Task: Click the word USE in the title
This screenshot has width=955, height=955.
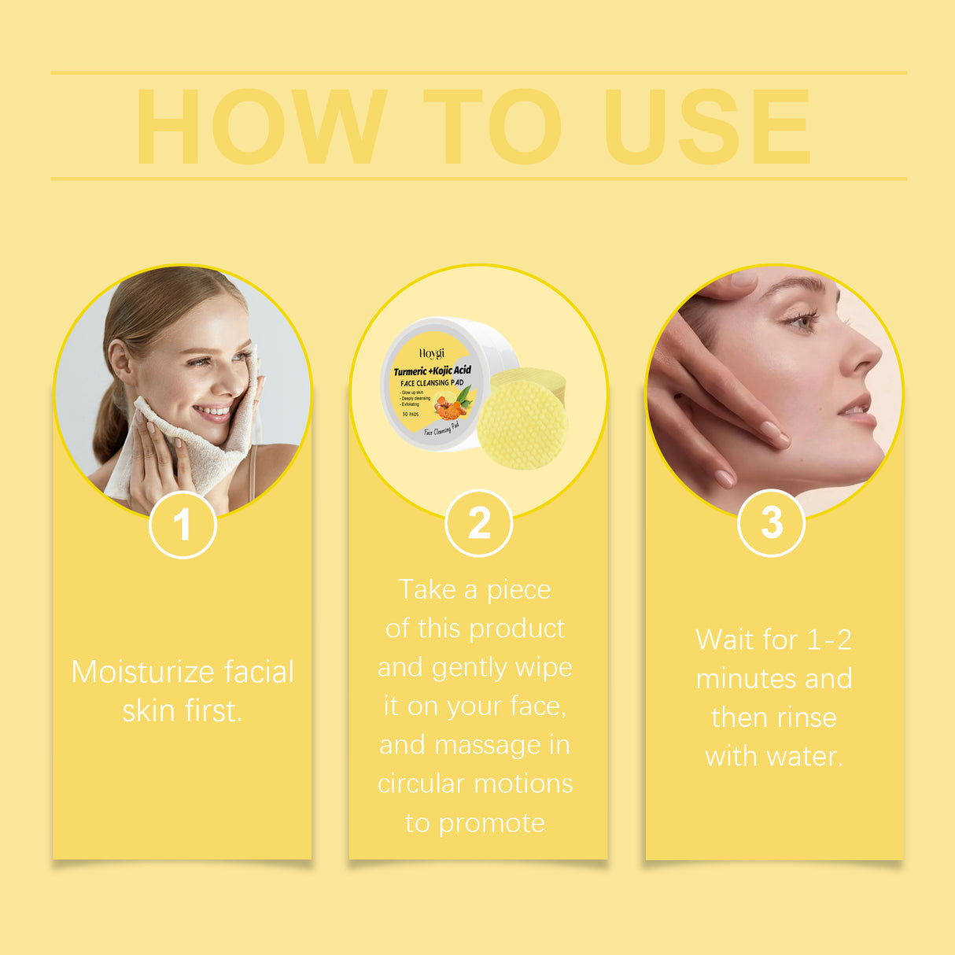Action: (x=707, y=126)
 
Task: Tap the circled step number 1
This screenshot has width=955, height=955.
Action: (x=183, y=524)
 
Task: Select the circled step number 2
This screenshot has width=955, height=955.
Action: (x=478, y=523)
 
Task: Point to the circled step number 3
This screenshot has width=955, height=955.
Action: (x=772, y=522)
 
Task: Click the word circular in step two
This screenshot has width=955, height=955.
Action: (x=420, y=784)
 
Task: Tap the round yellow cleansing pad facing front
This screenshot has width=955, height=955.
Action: (x=522, y=426)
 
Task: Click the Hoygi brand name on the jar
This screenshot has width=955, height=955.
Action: (x=431, y=353)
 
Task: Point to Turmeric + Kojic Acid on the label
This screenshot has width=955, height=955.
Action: (x=432, y=370)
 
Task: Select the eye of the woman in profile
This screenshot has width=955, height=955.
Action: (x=802, y=320)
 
